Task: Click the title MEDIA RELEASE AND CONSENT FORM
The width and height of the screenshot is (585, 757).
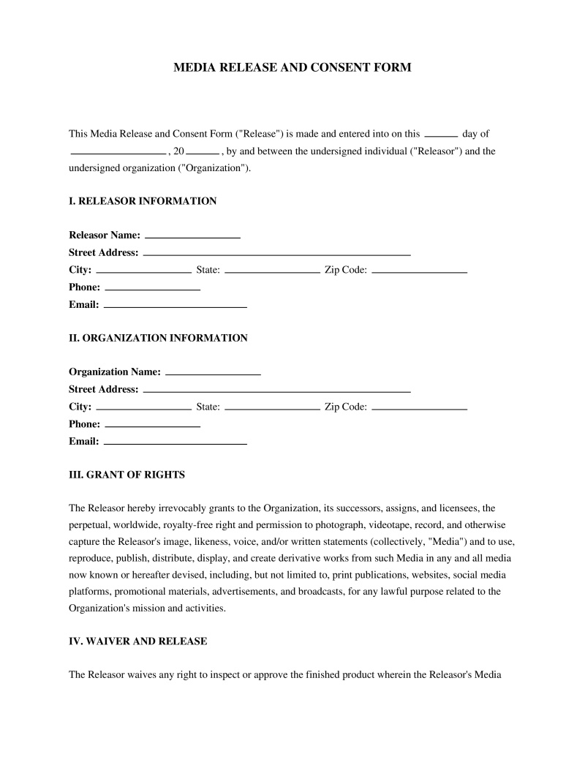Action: click(292, 67)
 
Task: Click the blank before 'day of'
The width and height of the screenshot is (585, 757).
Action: click(441, 135)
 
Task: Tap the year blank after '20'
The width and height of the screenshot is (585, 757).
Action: click(203, 153)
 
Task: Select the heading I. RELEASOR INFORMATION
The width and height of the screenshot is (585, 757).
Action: click(143, 201)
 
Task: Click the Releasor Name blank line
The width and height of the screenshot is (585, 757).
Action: click(193, 236)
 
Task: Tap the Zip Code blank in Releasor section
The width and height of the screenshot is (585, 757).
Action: click(419, 271)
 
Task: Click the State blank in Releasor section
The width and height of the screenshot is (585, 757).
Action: click(272, 271)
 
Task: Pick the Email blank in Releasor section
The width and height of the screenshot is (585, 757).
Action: click(175, 306)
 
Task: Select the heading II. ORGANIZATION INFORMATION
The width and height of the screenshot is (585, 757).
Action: click(158, 338)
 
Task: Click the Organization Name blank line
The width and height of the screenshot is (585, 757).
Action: click(214, 373)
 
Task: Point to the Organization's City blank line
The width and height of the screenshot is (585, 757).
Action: click(144, 408)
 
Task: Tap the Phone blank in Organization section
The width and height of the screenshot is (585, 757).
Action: click(153, 426)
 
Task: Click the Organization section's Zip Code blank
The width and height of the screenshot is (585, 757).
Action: click(419, 408)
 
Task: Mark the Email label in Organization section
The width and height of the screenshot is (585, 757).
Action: click(83, 442)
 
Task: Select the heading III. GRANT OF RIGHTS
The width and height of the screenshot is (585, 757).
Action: click(127, 475)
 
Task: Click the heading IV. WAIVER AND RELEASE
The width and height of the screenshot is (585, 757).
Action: click(137, 641)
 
